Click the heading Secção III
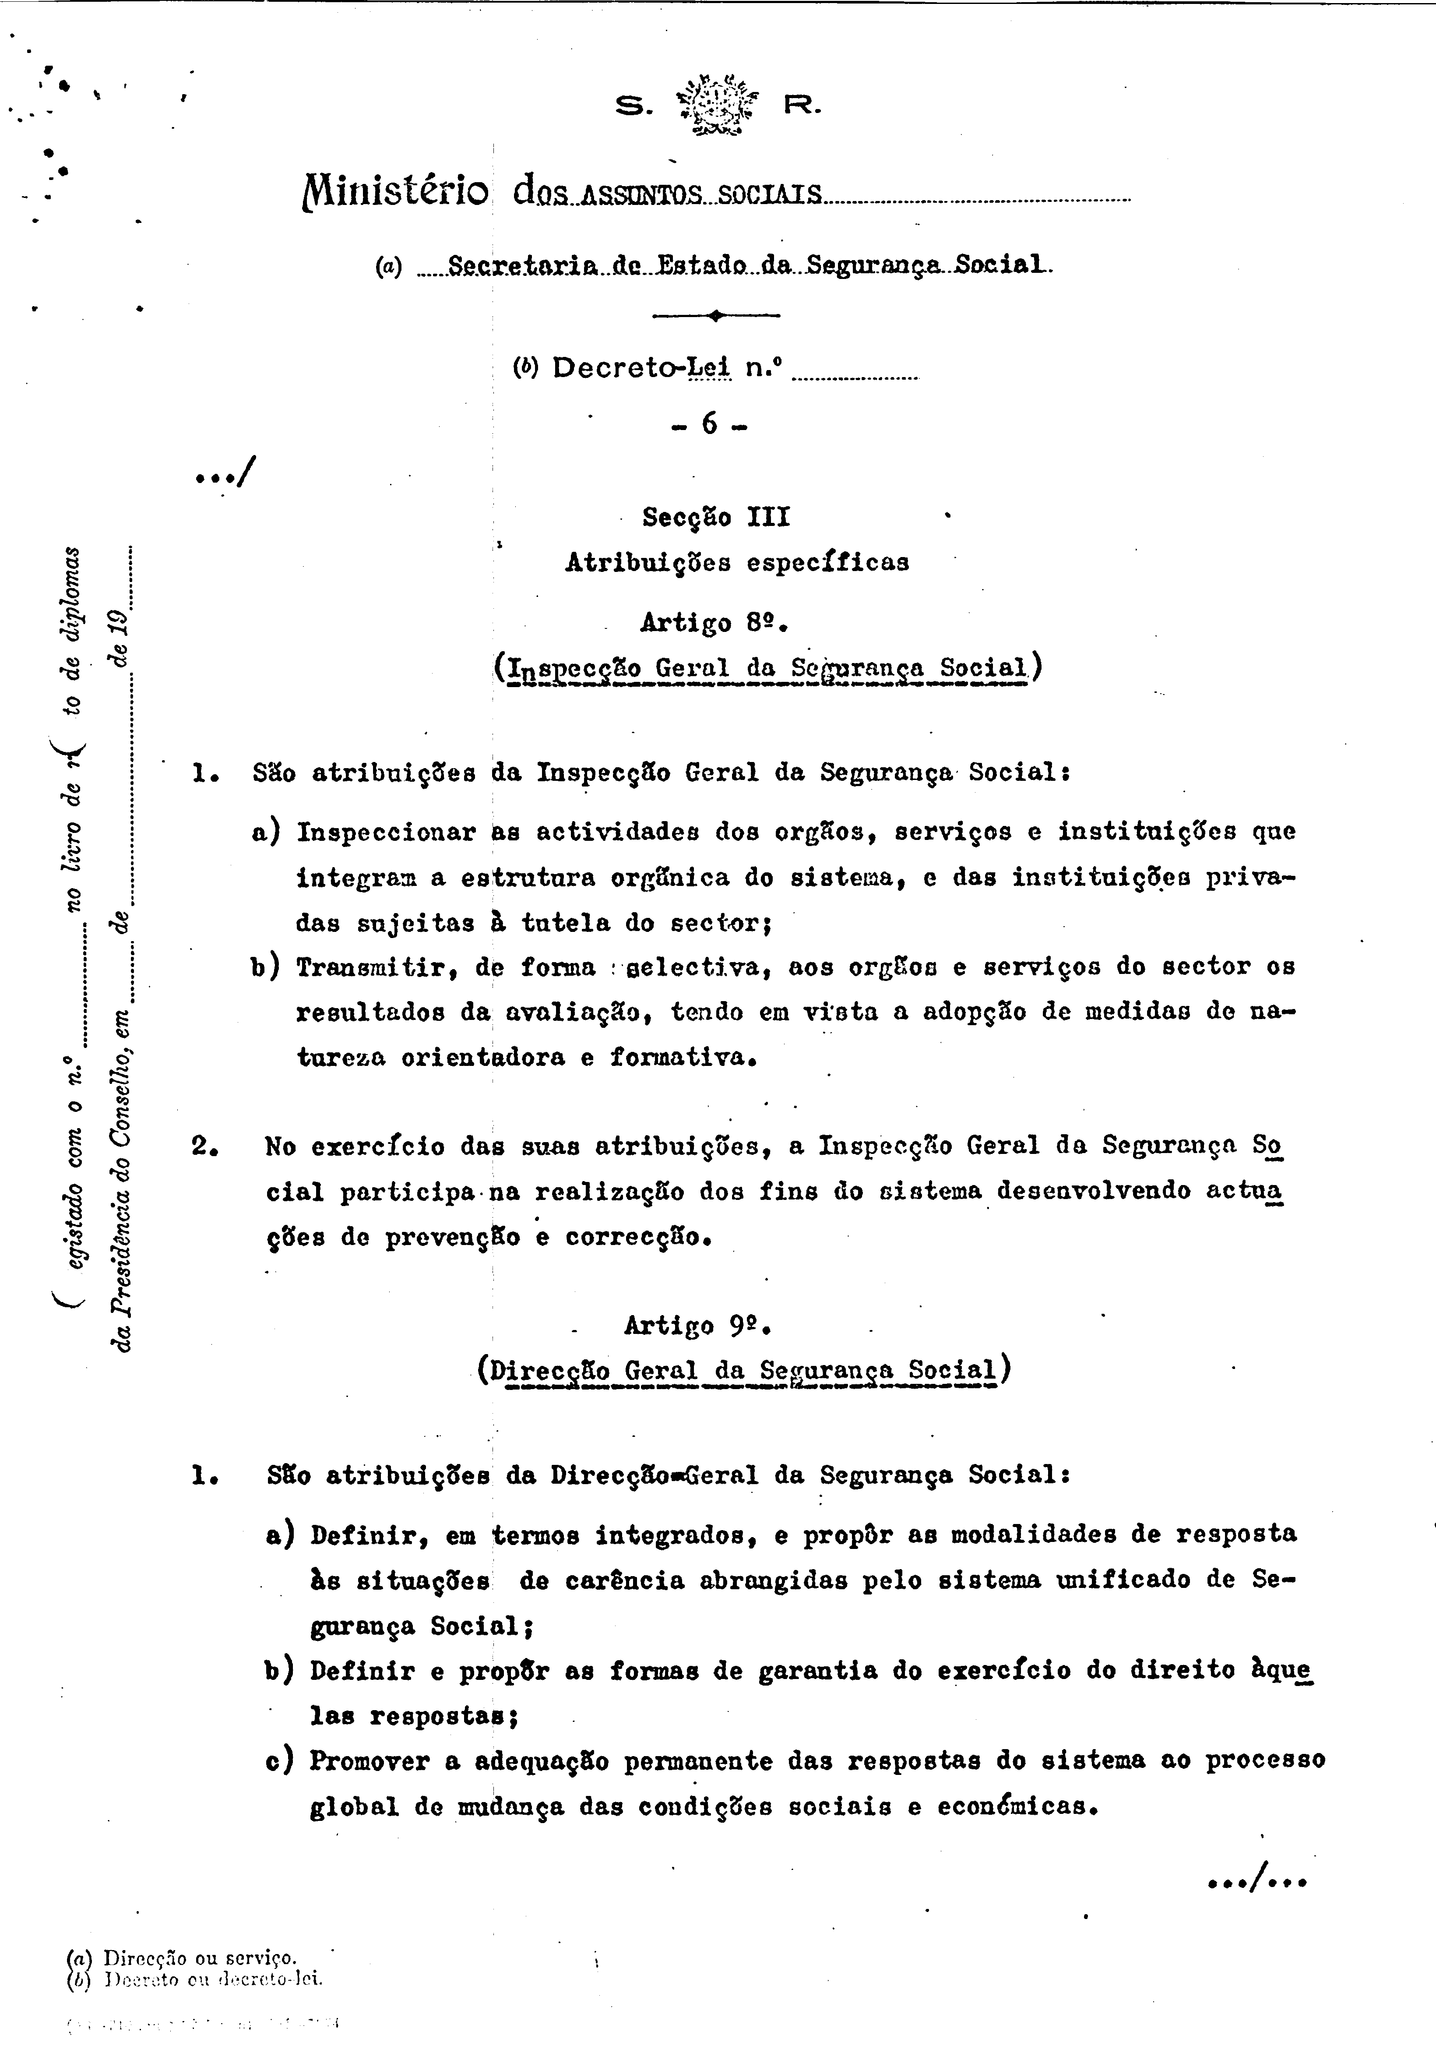click(x=716, y=517)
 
